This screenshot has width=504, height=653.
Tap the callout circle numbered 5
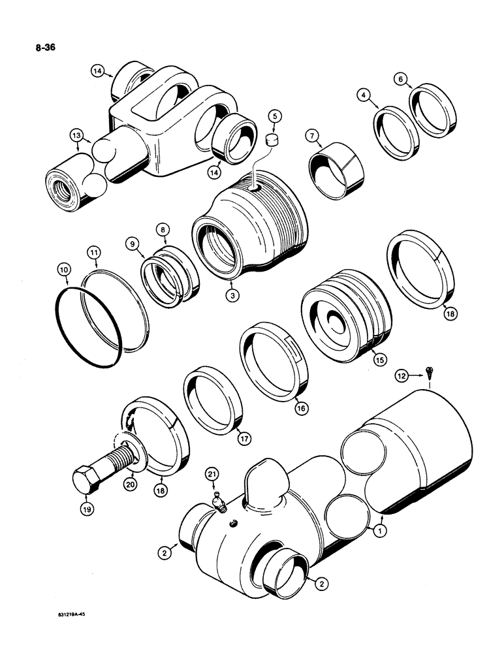point(276,117)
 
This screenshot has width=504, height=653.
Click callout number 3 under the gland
point(231,295)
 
